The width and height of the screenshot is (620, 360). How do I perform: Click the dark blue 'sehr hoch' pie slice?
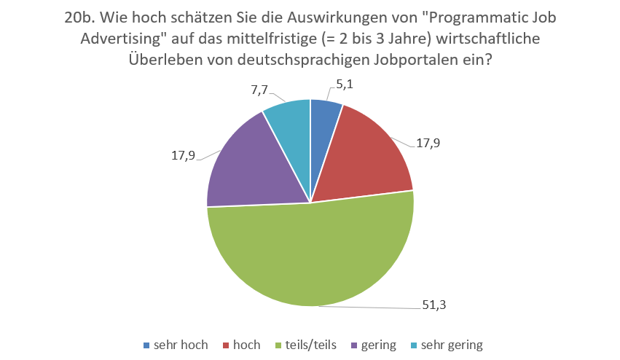323,128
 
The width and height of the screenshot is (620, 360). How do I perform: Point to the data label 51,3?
436,305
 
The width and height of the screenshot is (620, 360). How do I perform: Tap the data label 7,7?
259,90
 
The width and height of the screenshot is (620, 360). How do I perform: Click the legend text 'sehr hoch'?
181,345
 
